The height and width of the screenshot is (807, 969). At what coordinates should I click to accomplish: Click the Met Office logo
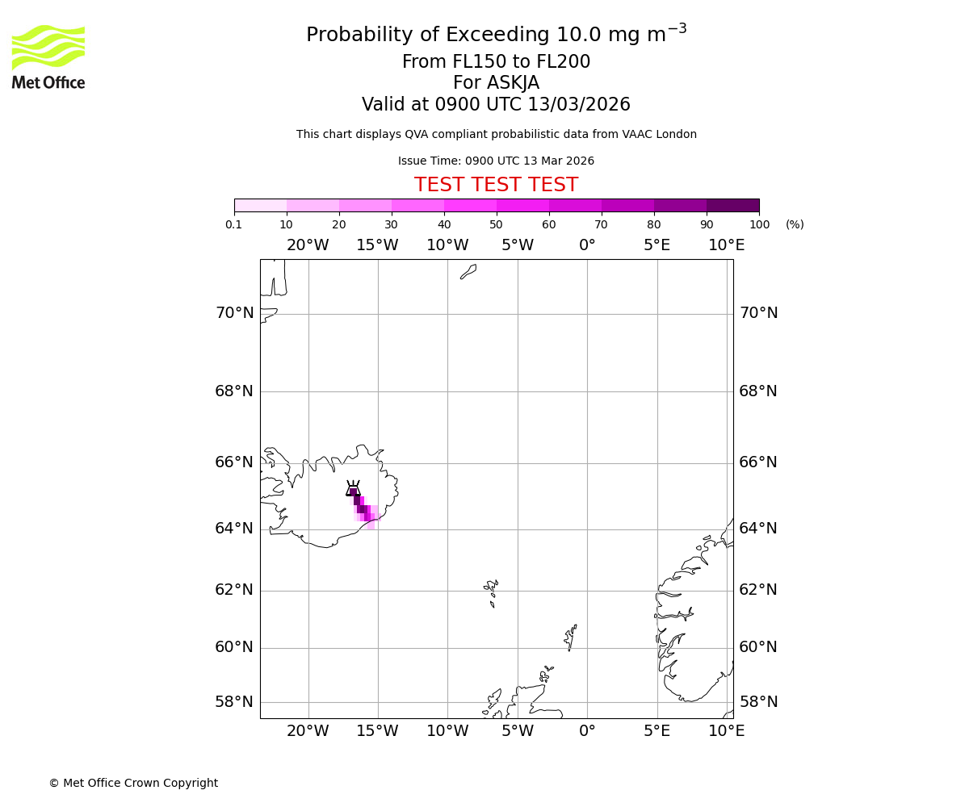48,56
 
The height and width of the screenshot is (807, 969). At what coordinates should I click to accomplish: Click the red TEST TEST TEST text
496,186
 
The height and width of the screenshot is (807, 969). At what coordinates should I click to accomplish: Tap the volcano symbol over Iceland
353,488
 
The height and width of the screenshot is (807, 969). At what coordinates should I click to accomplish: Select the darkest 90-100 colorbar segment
732,205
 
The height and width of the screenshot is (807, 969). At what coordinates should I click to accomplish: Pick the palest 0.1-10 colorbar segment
260,205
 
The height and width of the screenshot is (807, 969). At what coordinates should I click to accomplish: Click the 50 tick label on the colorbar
496,224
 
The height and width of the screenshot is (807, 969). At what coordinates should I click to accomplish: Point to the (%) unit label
795,224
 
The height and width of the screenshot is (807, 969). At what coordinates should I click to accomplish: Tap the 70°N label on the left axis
234,313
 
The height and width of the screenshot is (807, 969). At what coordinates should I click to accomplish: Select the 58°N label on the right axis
758,702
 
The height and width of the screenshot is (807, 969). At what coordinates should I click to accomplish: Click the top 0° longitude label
587,245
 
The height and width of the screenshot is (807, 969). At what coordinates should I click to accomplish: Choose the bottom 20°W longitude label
308,731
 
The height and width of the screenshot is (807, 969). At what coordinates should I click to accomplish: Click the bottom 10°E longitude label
726,731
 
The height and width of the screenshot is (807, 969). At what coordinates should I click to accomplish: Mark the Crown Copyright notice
133,783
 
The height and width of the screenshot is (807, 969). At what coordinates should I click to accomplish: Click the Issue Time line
496,161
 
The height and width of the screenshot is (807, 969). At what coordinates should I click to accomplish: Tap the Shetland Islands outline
570,637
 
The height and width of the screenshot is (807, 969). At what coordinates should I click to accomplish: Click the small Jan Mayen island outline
468,272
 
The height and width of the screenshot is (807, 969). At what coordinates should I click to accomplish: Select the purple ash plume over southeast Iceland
363,509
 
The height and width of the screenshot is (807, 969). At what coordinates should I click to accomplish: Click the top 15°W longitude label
377,245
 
